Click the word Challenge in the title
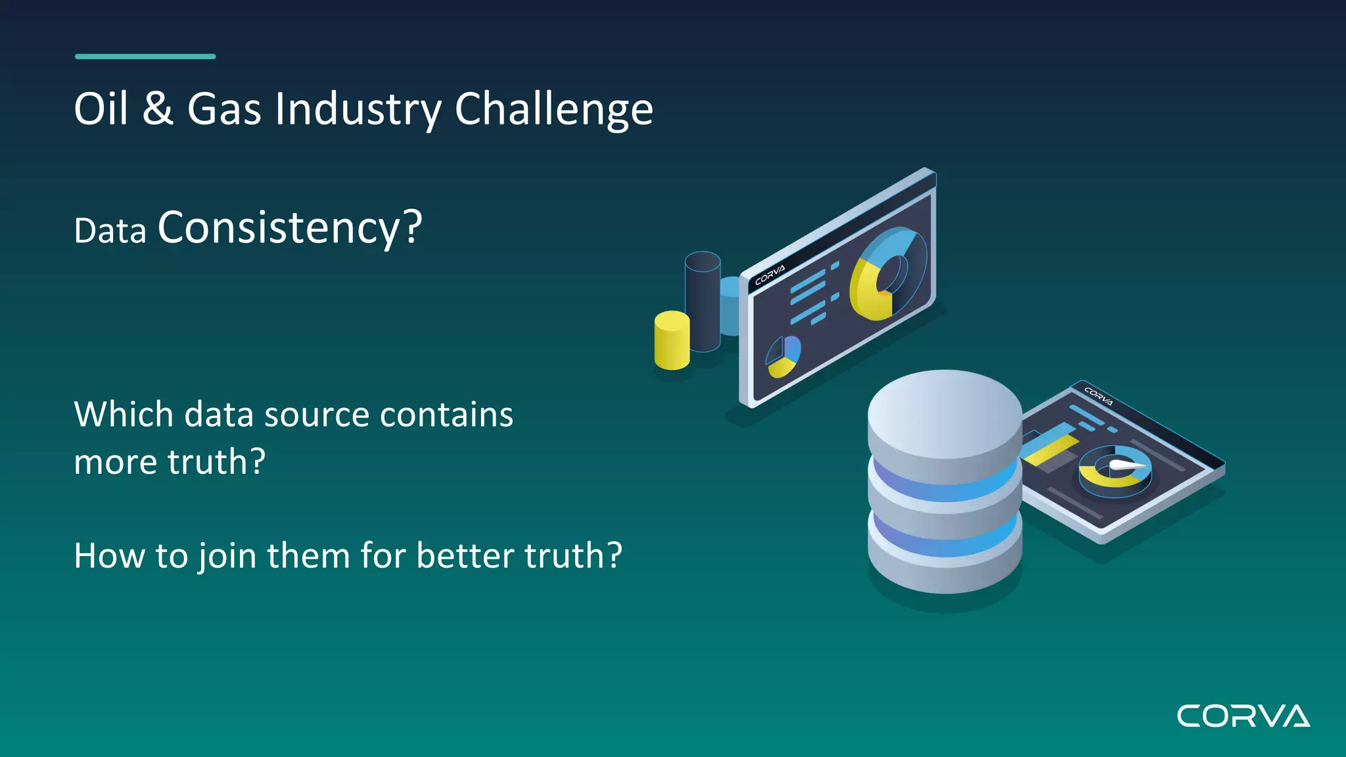553,109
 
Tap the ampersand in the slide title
158,109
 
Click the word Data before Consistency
110,231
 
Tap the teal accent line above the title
145,57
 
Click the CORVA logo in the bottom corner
1243,716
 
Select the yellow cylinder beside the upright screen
672,342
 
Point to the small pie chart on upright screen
783,357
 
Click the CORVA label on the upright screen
770,275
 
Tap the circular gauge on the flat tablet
1115,470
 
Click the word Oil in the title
101,109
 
